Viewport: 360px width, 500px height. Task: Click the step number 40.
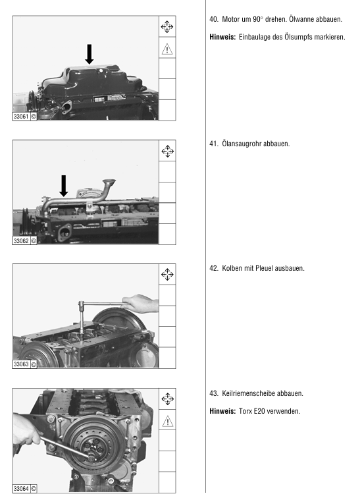[x=213, y=19]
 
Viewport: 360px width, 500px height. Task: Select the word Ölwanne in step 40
[x=301, y=19]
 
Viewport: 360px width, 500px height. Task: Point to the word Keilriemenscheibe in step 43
[x=248, y=393]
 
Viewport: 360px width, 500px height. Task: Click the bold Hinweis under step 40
[x=222, y=37]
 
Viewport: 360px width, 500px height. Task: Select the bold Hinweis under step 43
[x=222, y=411]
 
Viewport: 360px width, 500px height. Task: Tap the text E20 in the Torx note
[x=259, y=411]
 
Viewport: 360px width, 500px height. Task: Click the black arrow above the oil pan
[x=90, y=54]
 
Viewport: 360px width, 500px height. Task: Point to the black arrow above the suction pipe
[x=64, y=186]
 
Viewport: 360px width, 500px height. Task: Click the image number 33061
[x=21, y=117]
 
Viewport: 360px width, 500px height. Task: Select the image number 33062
[x=21, y=240]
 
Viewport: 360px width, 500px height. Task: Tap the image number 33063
[x=21, y=364]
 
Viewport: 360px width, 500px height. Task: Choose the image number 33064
[x=21, y=488]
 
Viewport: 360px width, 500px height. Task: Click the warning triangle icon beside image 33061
[x=167, y=49]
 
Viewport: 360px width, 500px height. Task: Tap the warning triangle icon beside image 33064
[x=167, y=422]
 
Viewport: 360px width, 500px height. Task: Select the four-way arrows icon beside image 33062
[x=167, y=151]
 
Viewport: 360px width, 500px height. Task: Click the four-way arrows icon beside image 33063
[x=167, y=274]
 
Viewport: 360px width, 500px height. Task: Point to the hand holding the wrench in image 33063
[x=140, y=303]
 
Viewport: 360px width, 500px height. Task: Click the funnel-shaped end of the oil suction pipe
[x=109, y=182]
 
